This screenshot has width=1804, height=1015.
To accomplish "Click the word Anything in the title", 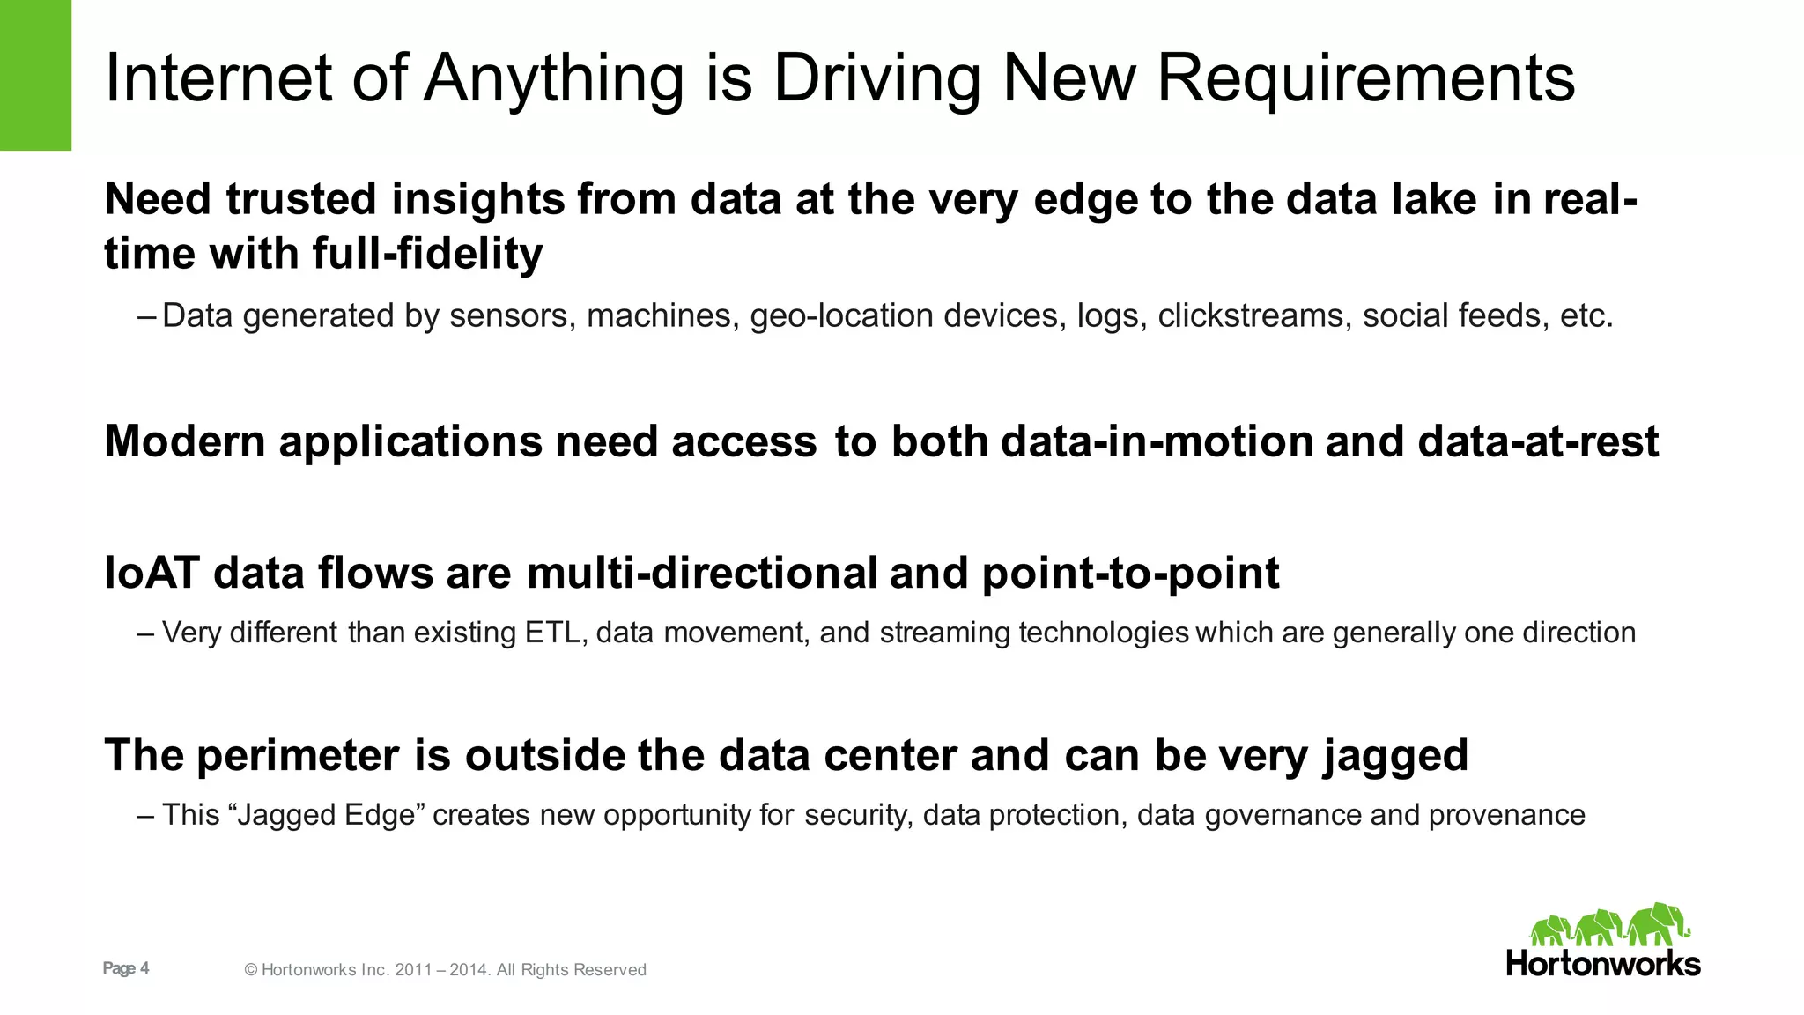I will (x=553, y=79).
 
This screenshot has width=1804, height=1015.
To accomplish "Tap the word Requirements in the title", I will (x=1365, y=79).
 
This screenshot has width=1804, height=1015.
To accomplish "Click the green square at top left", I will (x=35, y=75).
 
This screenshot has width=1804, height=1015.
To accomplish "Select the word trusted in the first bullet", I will (x=301, y=199).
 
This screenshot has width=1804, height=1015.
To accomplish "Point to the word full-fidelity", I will (x=427, y=255).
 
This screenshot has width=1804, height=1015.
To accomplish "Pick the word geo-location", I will (x=841, y=316).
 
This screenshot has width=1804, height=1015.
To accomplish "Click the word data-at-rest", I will (x=1538, y=441).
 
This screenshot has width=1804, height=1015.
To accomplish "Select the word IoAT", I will (x=152, y=574).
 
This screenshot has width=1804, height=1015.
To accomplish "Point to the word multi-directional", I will (x=702, y=574).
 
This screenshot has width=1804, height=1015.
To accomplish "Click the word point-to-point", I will (x=1129, y=574).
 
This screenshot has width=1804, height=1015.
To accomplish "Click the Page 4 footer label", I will (x=126, y=968).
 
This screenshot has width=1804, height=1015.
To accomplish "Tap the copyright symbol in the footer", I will (x=251, y=970).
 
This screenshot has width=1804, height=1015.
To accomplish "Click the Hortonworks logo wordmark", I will (x=1603, y=963).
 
